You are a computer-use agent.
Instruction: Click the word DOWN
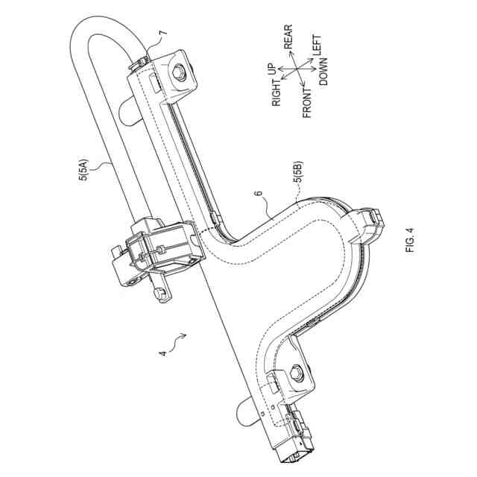click(x=325, y=75)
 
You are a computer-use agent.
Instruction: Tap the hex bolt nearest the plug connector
click(x=296, y=373)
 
